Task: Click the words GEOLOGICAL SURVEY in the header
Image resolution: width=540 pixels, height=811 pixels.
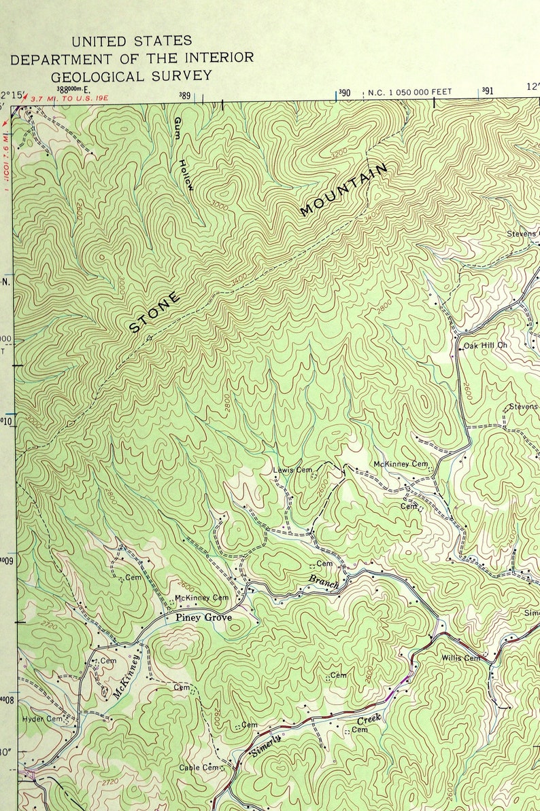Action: point(131,76)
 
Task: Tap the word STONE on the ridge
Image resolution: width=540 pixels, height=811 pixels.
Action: point(155,312)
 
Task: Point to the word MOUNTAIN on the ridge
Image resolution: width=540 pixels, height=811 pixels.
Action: point(344,190)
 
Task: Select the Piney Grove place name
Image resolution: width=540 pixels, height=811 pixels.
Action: point(203,617)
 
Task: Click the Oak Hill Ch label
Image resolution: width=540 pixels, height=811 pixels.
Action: point(486,346)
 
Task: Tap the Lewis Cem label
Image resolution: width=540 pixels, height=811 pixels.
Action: point(292,469)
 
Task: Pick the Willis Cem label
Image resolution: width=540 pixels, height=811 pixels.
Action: point(460,658)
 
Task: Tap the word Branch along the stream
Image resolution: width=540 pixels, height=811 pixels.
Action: point(324,582)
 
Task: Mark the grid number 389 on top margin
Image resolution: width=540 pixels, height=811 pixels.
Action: point(184,96)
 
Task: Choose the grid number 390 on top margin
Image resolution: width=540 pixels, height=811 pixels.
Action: point(344,92)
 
